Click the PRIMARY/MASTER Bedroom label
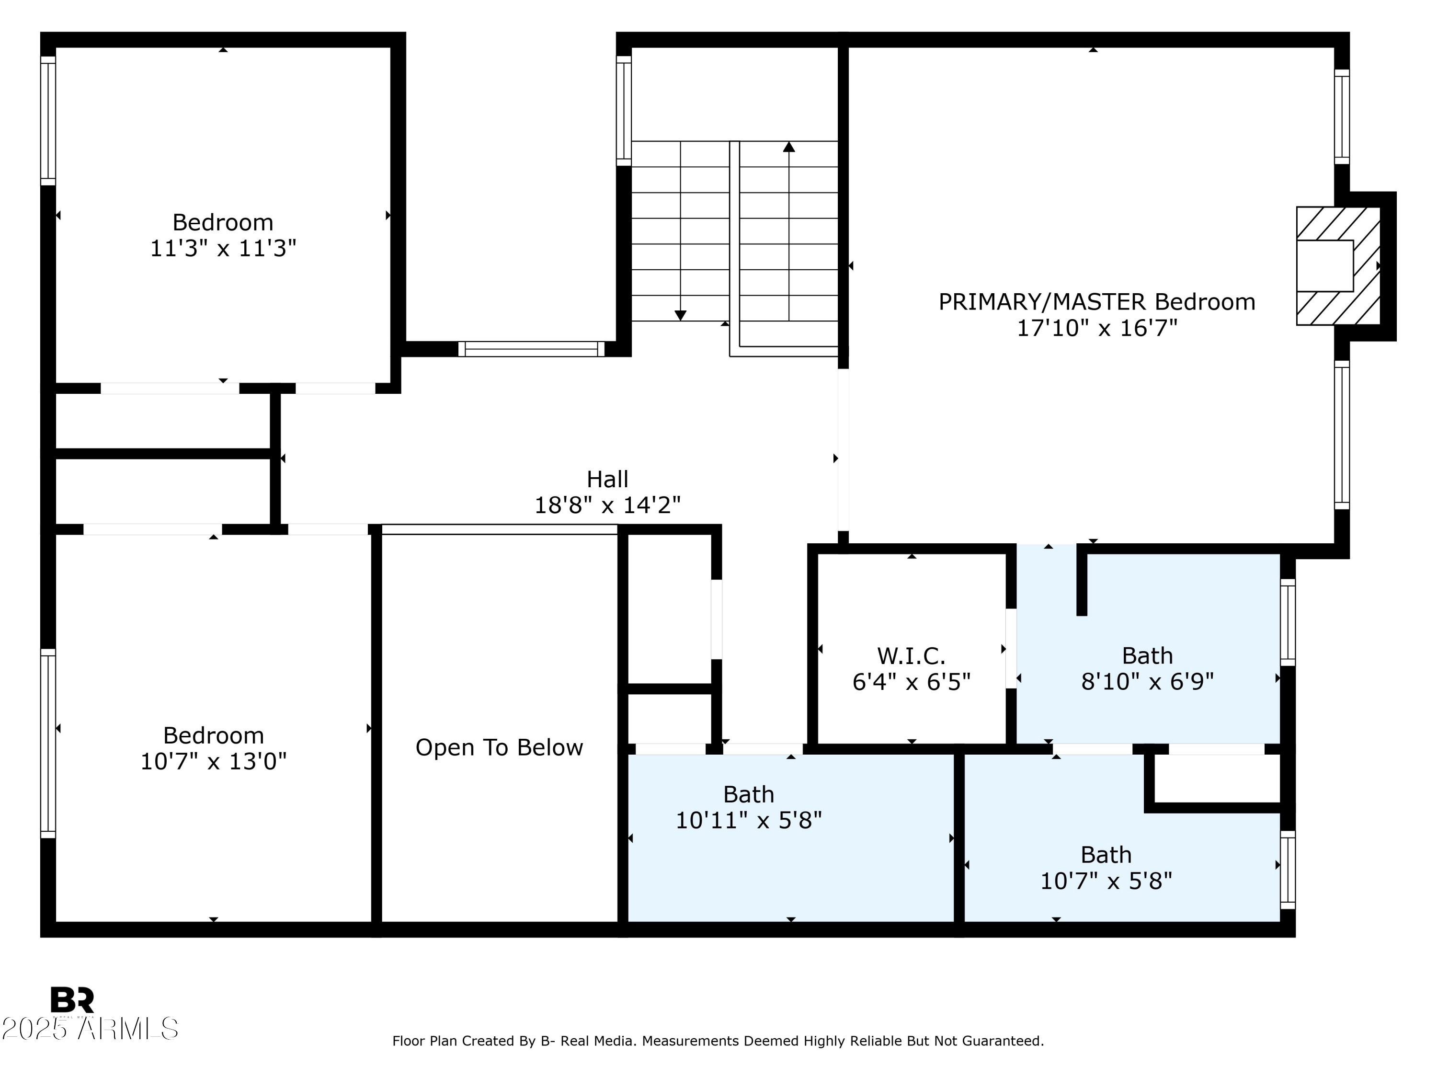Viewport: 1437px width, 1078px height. (x=1096, y=302)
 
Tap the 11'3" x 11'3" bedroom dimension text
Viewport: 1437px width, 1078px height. (x=223, y=248)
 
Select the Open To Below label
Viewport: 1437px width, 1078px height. (x=499, y=747)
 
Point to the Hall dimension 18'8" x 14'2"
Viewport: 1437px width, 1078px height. (x=607, y=505)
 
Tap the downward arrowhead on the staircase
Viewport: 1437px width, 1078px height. (x=680, y=315)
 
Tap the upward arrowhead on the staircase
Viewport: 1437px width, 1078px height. (x=788, y=147)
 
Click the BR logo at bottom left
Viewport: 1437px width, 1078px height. (x=72, y=1000)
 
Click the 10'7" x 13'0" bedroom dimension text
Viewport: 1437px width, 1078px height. (x=213, y=761)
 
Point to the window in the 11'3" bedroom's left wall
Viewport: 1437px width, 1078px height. (x=48, y=121)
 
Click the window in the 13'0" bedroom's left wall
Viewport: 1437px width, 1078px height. (x=48, y=743)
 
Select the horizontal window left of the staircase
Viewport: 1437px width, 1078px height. (x=531, y=349)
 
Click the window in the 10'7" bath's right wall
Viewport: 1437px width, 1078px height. (x=1287, y=870)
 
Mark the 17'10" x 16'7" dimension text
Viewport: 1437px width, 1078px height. (x=1096, y=328)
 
